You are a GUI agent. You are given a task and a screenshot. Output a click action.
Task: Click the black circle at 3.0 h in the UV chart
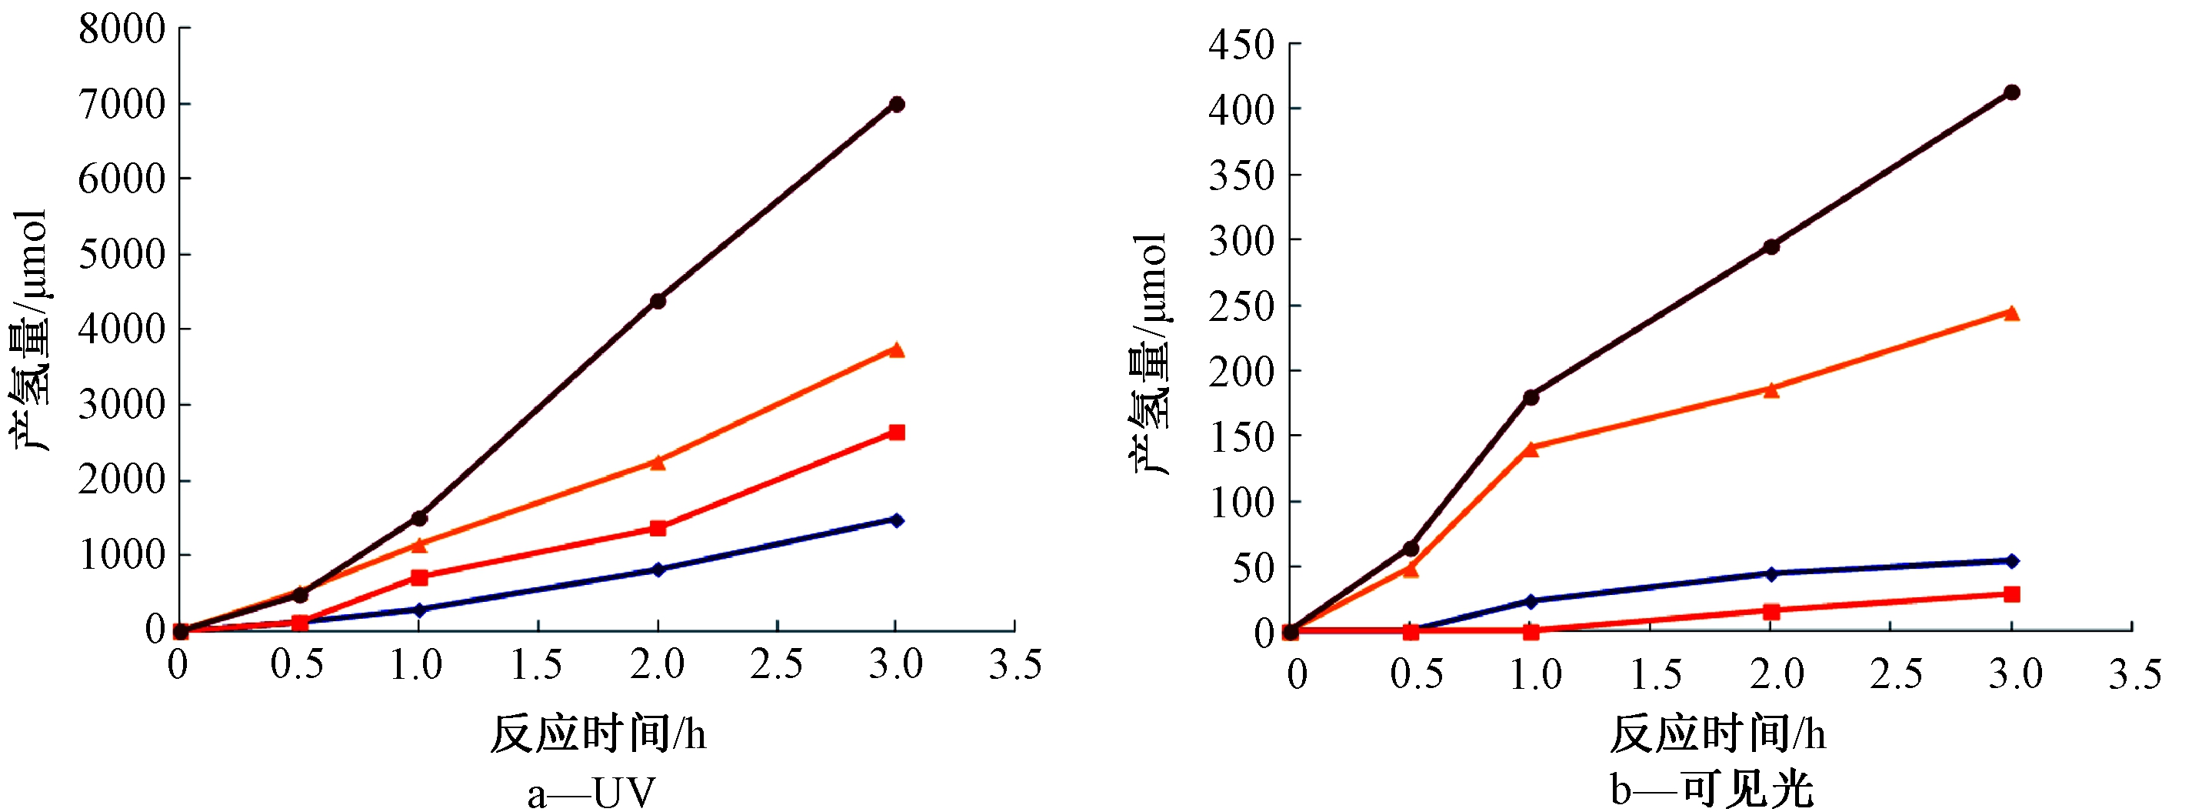896,105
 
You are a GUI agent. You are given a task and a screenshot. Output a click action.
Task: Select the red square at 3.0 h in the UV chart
896,433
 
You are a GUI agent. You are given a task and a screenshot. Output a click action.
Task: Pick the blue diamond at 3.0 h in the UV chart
896,520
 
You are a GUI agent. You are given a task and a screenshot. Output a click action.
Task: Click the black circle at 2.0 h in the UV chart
658,301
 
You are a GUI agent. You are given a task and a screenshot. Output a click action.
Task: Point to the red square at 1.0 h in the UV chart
418,577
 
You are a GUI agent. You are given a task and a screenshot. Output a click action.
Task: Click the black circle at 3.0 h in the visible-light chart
2011,92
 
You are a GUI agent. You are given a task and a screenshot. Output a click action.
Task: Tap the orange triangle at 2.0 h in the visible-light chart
1771,389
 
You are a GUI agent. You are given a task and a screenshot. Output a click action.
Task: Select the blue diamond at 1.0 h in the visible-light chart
1531,601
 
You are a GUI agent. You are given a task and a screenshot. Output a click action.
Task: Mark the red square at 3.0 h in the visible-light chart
2011,594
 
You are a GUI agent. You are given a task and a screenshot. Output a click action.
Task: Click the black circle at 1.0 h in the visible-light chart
1531,397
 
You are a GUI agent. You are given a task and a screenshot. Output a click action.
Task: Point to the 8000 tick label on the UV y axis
122,29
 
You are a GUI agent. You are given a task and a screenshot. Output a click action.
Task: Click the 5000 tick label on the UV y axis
122,254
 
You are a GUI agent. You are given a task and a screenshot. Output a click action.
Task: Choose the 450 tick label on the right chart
1241,45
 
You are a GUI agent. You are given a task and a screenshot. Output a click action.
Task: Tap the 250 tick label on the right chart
1241,306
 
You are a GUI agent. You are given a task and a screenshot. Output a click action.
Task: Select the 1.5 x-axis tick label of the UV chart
537,665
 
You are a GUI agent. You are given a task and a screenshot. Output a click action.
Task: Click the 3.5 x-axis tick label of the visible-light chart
2135,675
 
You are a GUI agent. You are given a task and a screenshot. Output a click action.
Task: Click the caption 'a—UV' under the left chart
591,793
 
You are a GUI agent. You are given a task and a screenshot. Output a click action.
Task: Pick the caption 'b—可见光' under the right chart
1712,789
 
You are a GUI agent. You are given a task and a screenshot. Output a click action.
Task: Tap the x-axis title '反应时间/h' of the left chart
598,733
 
